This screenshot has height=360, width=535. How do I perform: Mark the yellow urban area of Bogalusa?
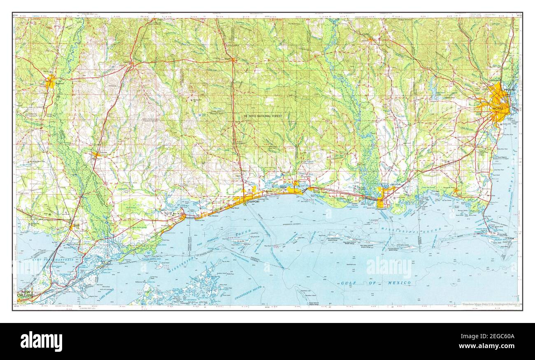point(51,81)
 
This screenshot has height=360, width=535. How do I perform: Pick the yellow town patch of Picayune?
point(96,155)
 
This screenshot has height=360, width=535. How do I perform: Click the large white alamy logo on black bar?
point(41,341)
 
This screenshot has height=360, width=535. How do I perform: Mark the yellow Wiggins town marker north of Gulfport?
point(233,60)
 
